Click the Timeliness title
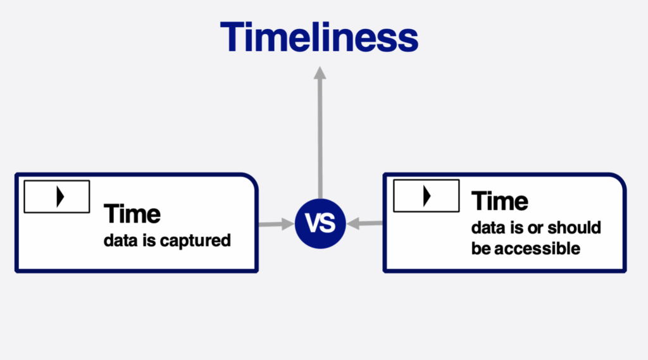(319, 37)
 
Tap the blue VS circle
(320, 223)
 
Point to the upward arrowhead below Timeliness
(320, 73)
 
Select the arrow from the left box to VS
(277, 224)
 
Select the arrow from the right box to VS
(365, 223)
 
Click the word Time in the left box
(132, 214)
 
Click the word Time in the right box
(500, 201)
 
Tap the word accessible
(537, 249)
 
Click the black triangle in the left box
(60, 196)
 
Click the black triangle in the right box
(427, 196)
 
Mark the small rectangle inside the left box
(57, 196)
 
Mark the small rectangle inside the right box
(426, 196)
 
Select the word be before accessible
(481, 249)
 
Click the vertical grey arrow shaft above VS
(320, 139)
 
